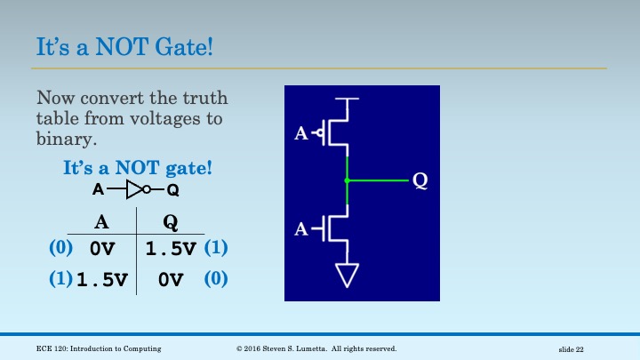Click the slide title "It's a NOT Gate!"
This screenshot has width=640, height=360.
click(x=124, y=46)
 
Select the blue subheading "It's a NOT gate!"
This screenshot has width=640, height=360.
click(x=137, y=167)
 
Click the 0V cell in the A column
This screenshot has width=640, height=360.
click(x=103, y=250)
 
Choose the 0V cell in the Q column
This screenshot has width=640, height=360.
click(x=170, y=281)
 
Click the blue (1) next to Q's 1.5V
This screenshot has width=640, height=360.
click(x=216, y=248)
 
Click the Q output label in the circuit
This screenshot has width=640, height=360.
click(x=420, y=181)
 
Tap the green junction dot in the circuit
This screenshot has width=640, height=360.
click(x=347, y=180)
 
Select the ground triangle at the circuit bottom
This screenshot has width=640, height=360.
click(x=347, y=276)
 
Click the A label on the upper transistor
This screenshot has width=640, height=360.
click(x=301, y=134)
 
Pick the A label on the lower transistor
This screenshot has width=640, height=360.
click(x=301, y=230)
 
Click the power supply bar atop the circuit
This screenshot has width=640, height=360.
click(x=347, y=100)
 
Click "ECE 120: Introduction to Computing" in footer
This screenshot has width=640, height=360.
click(x=99, y=348)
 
